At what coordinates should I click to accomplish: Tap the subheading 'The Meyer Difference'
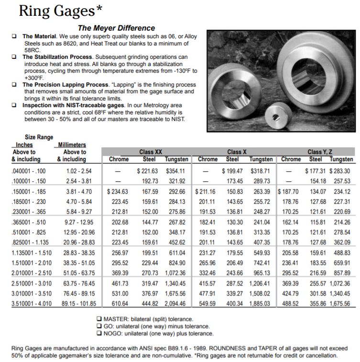(x=116, y=28)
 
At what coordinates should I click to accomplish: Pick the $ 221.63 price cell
(x=147, y=171)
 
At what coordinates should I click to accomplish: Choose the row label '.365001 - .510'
(x=29, y=222)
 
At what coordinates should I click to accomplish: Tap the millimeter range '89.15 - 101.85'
(x=76, y=303)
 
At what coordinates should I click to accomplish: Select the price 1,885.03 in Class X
(x=261, y=303)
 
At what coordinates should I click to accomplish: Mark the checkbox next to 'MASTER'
(x=99, y=319)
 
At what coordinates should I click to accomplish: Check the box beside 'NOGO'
(x=99, y=333)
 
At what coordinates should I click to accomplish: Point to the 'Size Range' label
(x=39, y=137)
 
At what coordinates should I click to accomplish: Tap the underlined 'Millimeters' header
(x=72, y=145)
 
